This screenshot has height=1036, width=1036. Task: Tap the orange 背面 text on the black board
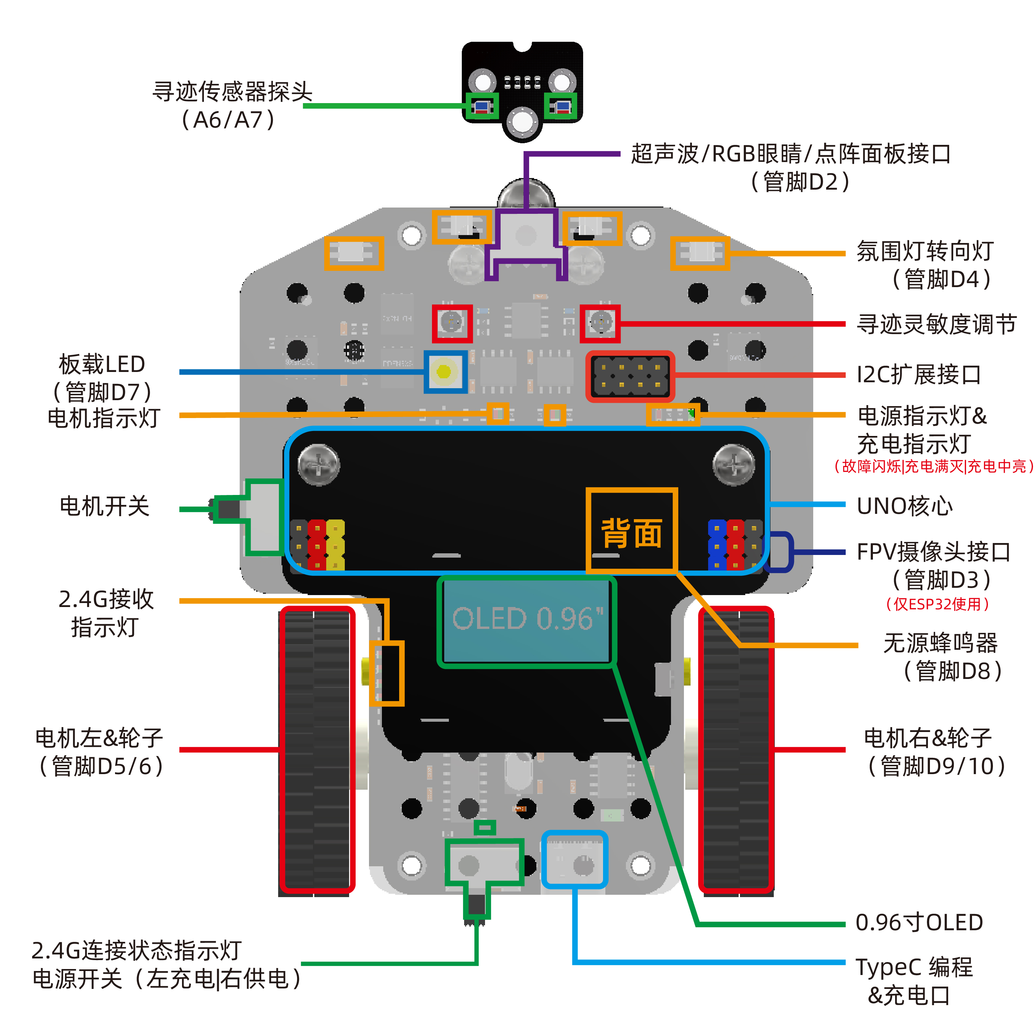click(631, 533)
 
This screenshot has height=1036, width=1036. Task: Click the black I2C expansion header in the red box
click(630, 376)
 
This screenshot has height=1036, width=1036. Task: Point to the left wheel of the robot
click(316, 750)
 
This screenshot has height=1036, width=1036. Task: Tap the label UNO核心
click(905, 506)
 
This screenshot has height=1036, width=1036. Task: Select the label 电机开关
click(104, 506)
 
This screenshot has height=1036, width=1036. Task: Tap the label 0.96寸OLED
click(919, 922)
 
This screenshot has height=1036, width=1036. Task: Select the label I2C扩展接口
click(919, 374)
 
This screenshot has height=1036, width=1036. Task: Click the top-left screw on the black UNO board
click(319, 464)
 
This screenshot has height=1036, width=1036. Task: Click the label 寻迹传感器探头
click(232, 92)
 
